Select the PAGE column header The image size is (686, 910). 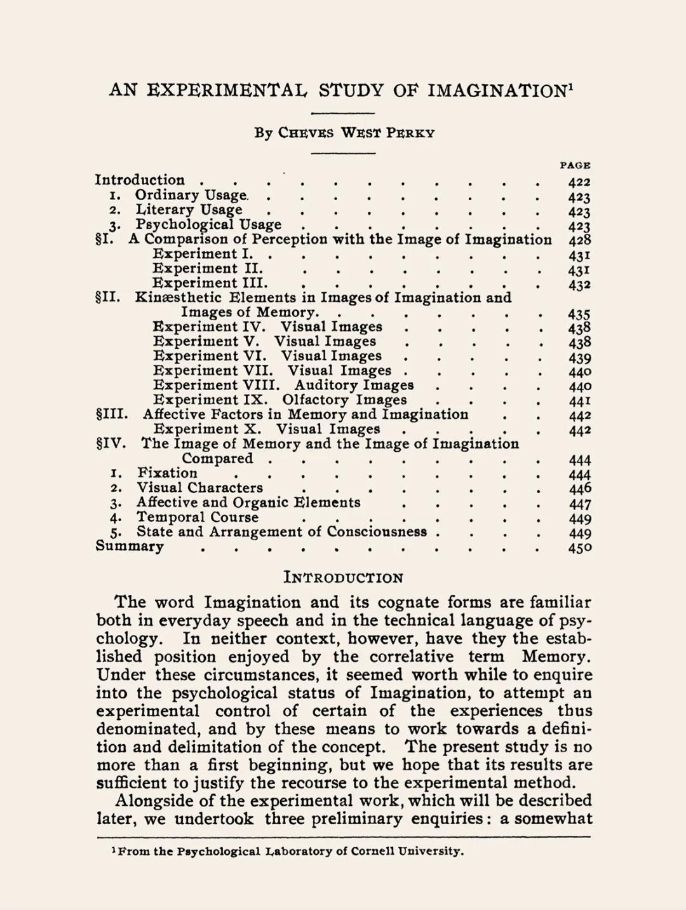tap(575, 165)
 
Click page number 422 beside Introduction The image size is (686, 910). tap(579, 182)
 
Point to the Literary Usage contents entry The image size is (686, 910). tap(189, 210)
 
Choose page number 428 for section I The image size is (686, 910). tap(579, 240)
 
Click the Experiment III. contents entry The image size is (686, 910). tap(210, 283)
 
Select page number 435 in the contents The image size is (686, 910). tap(579, 314)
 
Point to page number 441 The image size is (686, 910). tap(579, 402)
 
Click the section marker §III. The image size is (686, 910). tap(111, 415)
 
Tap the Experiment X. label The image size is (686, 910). tap(207, 430)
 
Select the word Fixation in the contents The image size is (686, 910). tap(167, 473)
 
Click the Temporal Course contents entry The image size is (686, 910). tap(198, 517)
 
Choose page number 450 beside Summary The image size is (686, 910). tap(579, 548)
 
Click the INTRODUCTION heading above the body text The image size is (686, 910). tap(343, 578)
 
